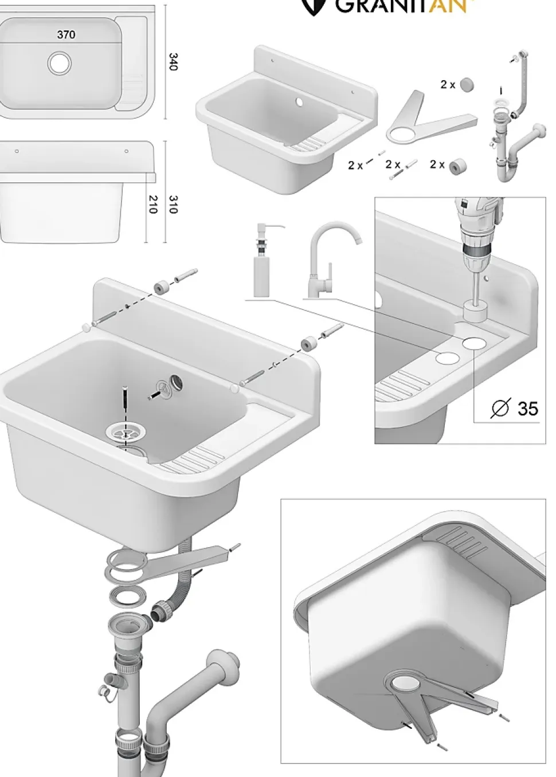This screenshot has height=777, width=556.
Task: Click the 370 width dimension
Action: [x=66, y=34]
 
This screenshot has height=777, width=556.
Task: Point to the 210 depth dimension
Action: [x=152, y=204]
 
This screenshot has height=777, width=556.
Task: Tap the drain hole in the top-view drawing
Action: [x=60, y=63]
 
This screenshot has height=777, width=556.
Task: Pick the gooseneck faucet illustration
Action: [x=330, y=258]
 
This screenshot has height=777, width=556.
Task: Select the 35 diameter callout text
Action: [x=527, y=408]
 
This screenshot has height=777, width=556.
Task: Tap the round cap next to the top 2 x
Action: [x=467, y=85]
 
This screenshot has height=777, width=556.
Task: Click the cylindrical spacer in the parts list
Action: [x=457, y=166]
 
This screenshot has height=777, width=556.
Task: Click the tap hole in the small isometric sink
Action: [x=299, y=103]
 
